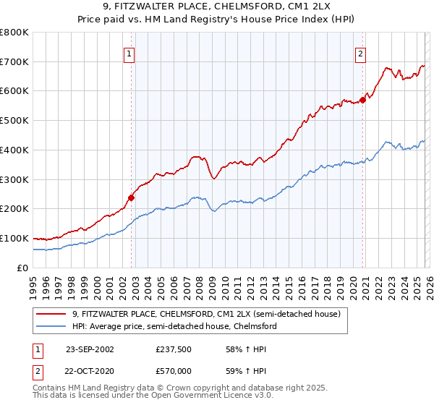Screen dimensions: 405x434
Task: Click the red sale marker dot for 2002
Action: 132,197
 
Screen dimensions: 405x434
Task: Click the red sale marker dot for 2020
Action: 363,100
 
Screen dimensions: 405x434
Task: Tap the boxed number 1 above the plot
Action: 129,53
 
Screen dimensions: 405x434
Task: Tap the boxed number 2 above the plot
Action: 359,53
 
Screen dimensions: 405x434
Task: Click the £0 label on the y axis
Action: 23,268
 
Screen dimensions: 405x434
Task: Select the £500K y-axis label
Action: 14,121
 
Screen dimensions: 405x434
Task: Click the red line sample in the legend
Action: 52,314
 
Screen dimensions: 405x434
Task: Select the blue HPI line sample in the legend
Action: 52,326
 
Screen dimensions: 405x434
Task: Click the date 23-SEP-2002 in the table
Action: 90,349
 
